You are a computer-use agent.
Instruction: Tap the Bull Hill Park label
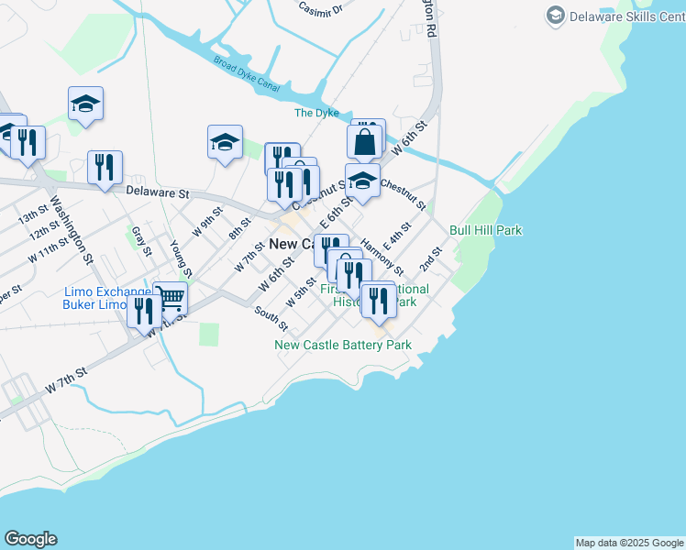(x=485, y=230)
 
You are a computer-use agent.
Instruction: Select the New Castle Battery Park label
(x=343, y=345)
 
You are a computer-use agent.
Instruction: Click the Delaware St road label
(x=157, y=193)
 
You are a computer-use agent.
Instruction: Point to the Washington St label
(x=72, y=228)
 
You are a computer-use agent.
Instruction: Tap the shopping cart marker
(x=171, y=298)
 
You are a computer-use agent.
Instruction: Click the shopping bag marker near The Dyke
(x=365, y=142)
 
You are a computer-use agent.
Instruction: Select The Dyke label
(x=316, y=113)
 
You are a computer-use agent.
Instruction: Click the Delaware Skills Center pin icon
(x=555, y=16)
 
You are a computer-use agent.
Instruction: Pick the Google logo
(x=30, y=539)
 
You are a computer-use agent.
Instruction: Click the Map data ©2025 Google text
(x=628, y=543)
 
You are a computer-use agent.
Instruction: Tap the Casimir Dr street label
(x=321, y=8)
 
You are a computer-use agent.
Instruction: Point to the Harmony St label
(x=382, y=256)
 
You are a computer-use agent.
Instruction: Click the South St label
(x=271, y=319)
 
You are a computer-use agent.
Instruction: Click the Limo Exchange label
(x=107, y=291)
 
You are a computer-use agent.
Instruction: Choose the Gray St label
(x=140, y=239)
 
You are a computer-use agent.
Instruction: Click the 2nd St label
(x=432, y=258)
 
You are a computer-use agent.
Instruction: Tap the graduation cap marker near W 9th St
(x=225, y=141)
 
